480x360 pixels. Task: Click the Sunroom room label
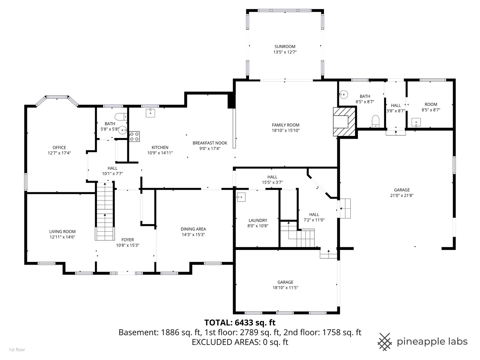click(x=285, y=47)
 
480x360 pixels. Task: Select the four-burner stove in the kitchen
click(x=134, y=136)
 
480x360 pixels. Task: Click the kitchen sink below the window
click(x=151, y=113)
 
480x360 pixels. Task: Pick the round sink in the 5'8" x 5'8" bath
click(x=123, y=130)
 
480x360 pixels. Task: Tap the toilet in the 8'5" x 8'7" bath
click(x=375, y=121)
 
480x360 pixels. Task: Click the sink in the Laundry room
click(x=241, y=197)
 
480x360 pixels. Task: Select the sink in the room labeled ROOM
click(x=416, y=123)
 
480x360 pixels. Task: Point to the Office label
click(x=59, y=148)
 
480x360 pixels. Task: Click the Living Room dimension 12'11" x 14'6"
click(x=62, y=237)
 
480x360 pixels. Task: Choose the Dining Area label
click(x=193, y=229)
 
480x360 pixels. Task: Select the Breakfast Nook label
click(x=210, y=143)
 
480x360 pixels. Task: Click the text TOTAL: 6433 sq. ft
click(x=240, y=322)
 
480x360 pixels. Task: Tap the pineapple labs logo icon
click(x=385, y=341)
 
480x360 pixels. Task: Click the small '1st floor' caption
click(x=17, y=350)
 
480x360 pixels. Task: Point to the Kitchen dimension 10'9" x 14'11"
click(x=160, y=153)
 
